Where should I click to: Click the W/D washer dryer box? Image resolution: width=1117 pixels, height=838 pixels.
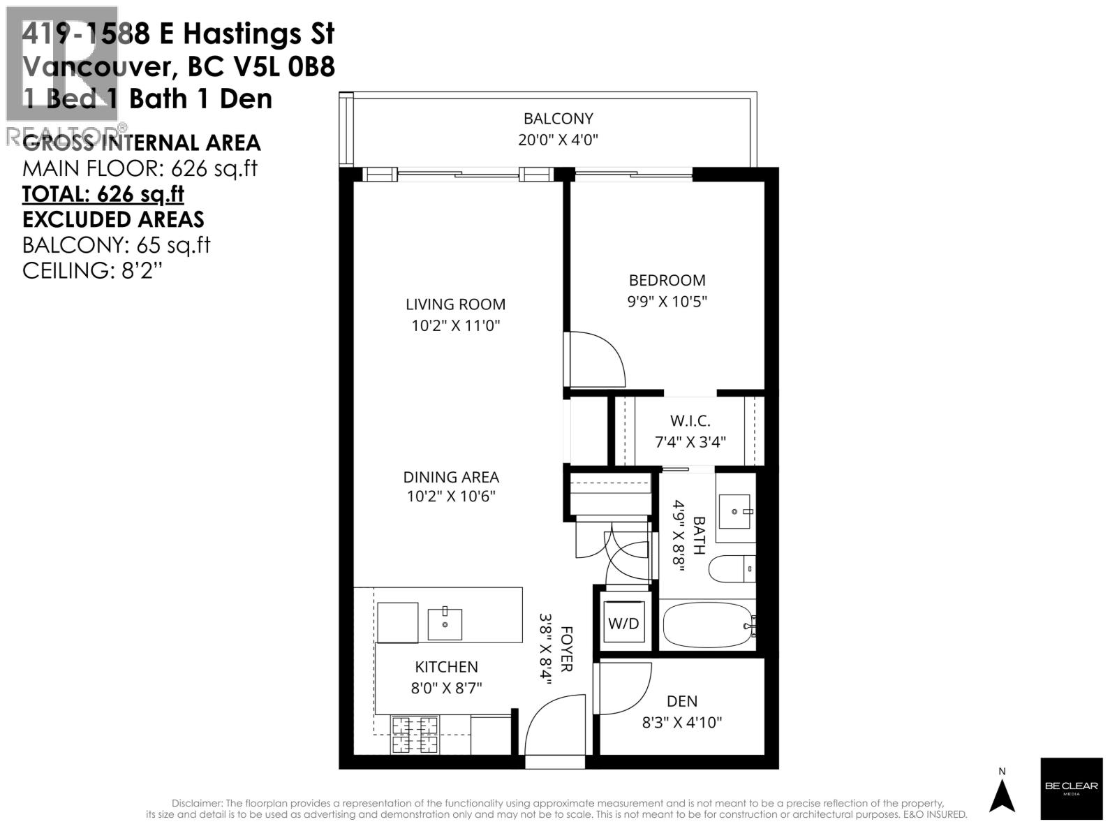tap(623, 623)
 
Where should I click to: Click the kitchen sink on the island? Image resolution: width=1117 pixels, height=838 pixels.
tap(444, 624)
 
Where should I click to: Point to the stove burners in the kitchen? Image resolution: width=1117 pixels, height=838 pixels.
tap(415, 735)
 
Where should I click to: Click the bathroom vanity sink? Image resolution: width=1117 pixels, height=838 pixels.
tap(736, 512)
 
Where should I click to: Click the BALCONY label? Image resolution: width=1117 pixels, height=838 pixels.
tap(558, 119)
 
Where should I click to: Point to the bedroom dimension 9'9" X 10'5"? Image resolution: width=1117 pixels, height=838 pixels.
tap(667, 302)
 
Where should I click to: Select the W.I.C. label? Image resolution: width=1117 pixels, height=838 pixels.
tap(690, 421)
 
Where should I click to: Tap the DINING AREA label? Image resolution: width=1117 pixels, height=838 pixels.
tap(451, 477)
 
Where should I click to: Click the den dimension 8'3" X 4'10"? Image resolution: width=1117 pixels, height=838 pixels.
tap(681, 722)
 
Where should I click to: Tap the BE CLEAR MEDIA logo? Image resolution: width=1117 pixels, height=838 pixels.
tap(1071, 788)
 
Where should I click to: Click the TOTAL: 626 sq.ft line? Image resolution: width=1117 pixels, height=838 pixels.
tap(103, 193)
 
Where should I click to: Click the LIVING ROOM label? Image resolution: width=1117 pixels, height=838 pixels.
tap(455, 304)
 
